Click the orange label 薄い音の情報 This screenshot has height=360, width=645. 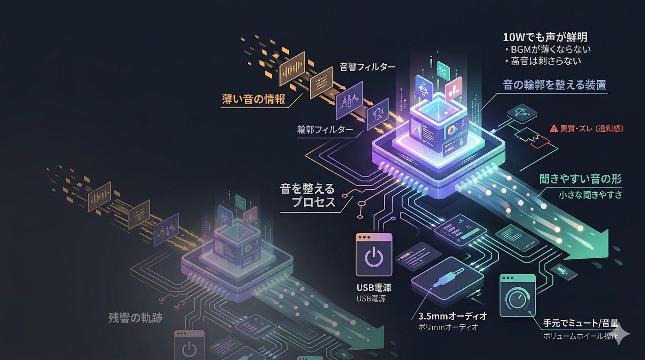click(254, 99)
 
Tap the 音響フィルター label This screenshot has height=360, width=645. click(367, 67)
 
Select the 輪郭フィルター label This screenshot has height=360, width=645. click(325, 129)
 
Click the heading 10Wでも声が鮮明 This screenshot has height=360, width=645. click(545, 37)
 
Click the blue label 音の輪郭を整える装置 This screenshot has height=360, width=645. click(555, 85)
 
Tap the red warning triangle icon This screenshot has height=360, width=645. click(554, 128)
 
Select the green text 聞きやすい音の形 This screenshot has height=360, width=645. click(580, 179)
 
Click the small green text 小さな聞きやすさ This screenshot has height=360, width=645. click(590, 195)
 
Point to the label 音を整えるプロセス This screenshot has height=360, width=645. click(308, 195)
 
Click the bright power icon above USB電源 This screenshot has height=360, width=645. click(374, 257)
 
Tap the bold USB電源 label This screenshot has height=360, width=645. click(374, 287)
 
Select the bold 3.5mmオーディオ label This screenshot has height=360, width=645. click(453, 316)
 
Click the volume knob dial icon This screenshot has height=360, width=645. click(517, 299)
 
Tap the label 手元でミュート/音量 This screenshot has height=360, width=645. click(580, 323)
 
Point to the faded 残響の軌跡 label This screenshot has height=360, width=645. click(135, 318)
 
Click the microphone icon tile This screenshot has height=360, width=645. click(564, 271)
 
